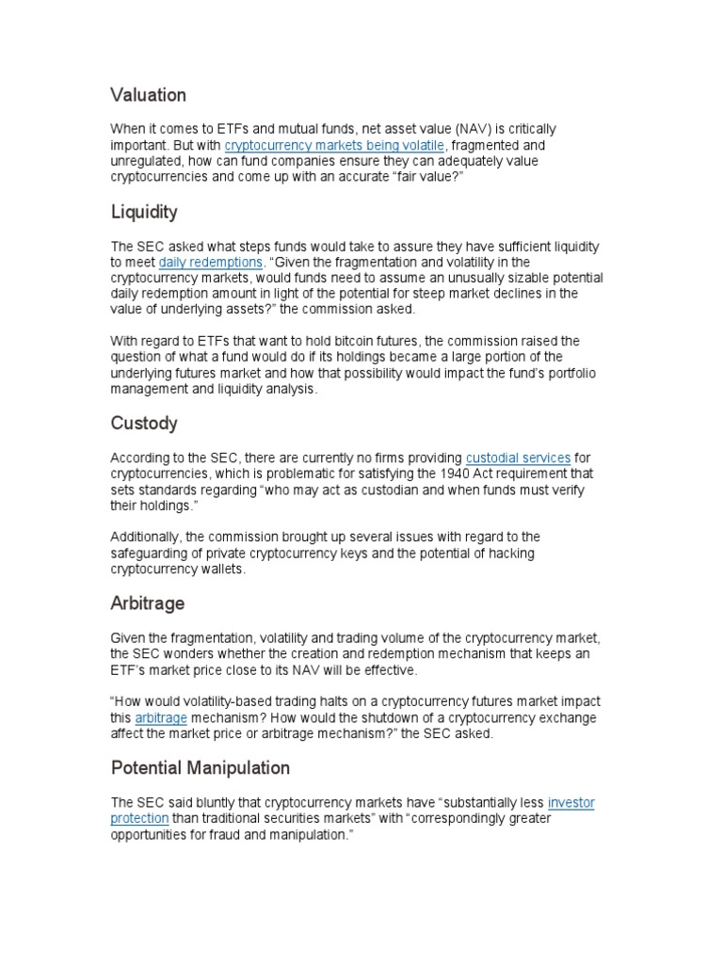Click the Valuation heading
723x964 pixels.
coord(148,95)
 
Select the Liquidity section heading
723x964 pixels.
coord(144,213)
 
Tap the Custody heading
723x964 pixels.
coord(144,424)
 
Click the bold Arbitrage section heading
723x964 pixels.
coord(148,603)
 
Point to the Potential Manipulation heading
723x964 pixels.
coord(201,768)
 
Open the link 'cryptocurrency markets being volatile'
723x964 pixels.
coord(334,146)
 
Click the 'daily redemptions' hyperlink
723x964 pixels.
coord(210,263)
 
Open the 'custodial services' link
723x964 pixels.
coord(518,458)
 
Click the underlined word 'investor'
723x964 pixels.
coord(570,803)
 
